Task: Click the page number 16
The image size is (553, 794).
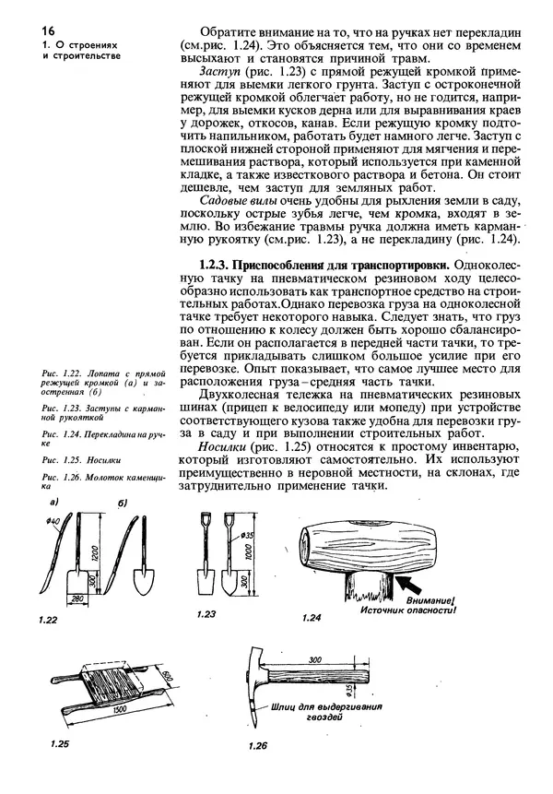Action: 22,30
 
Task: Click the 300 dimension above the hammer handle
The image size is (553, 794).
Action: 315,660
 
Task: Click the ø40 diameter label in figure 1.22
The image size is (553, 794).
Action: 38,524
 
